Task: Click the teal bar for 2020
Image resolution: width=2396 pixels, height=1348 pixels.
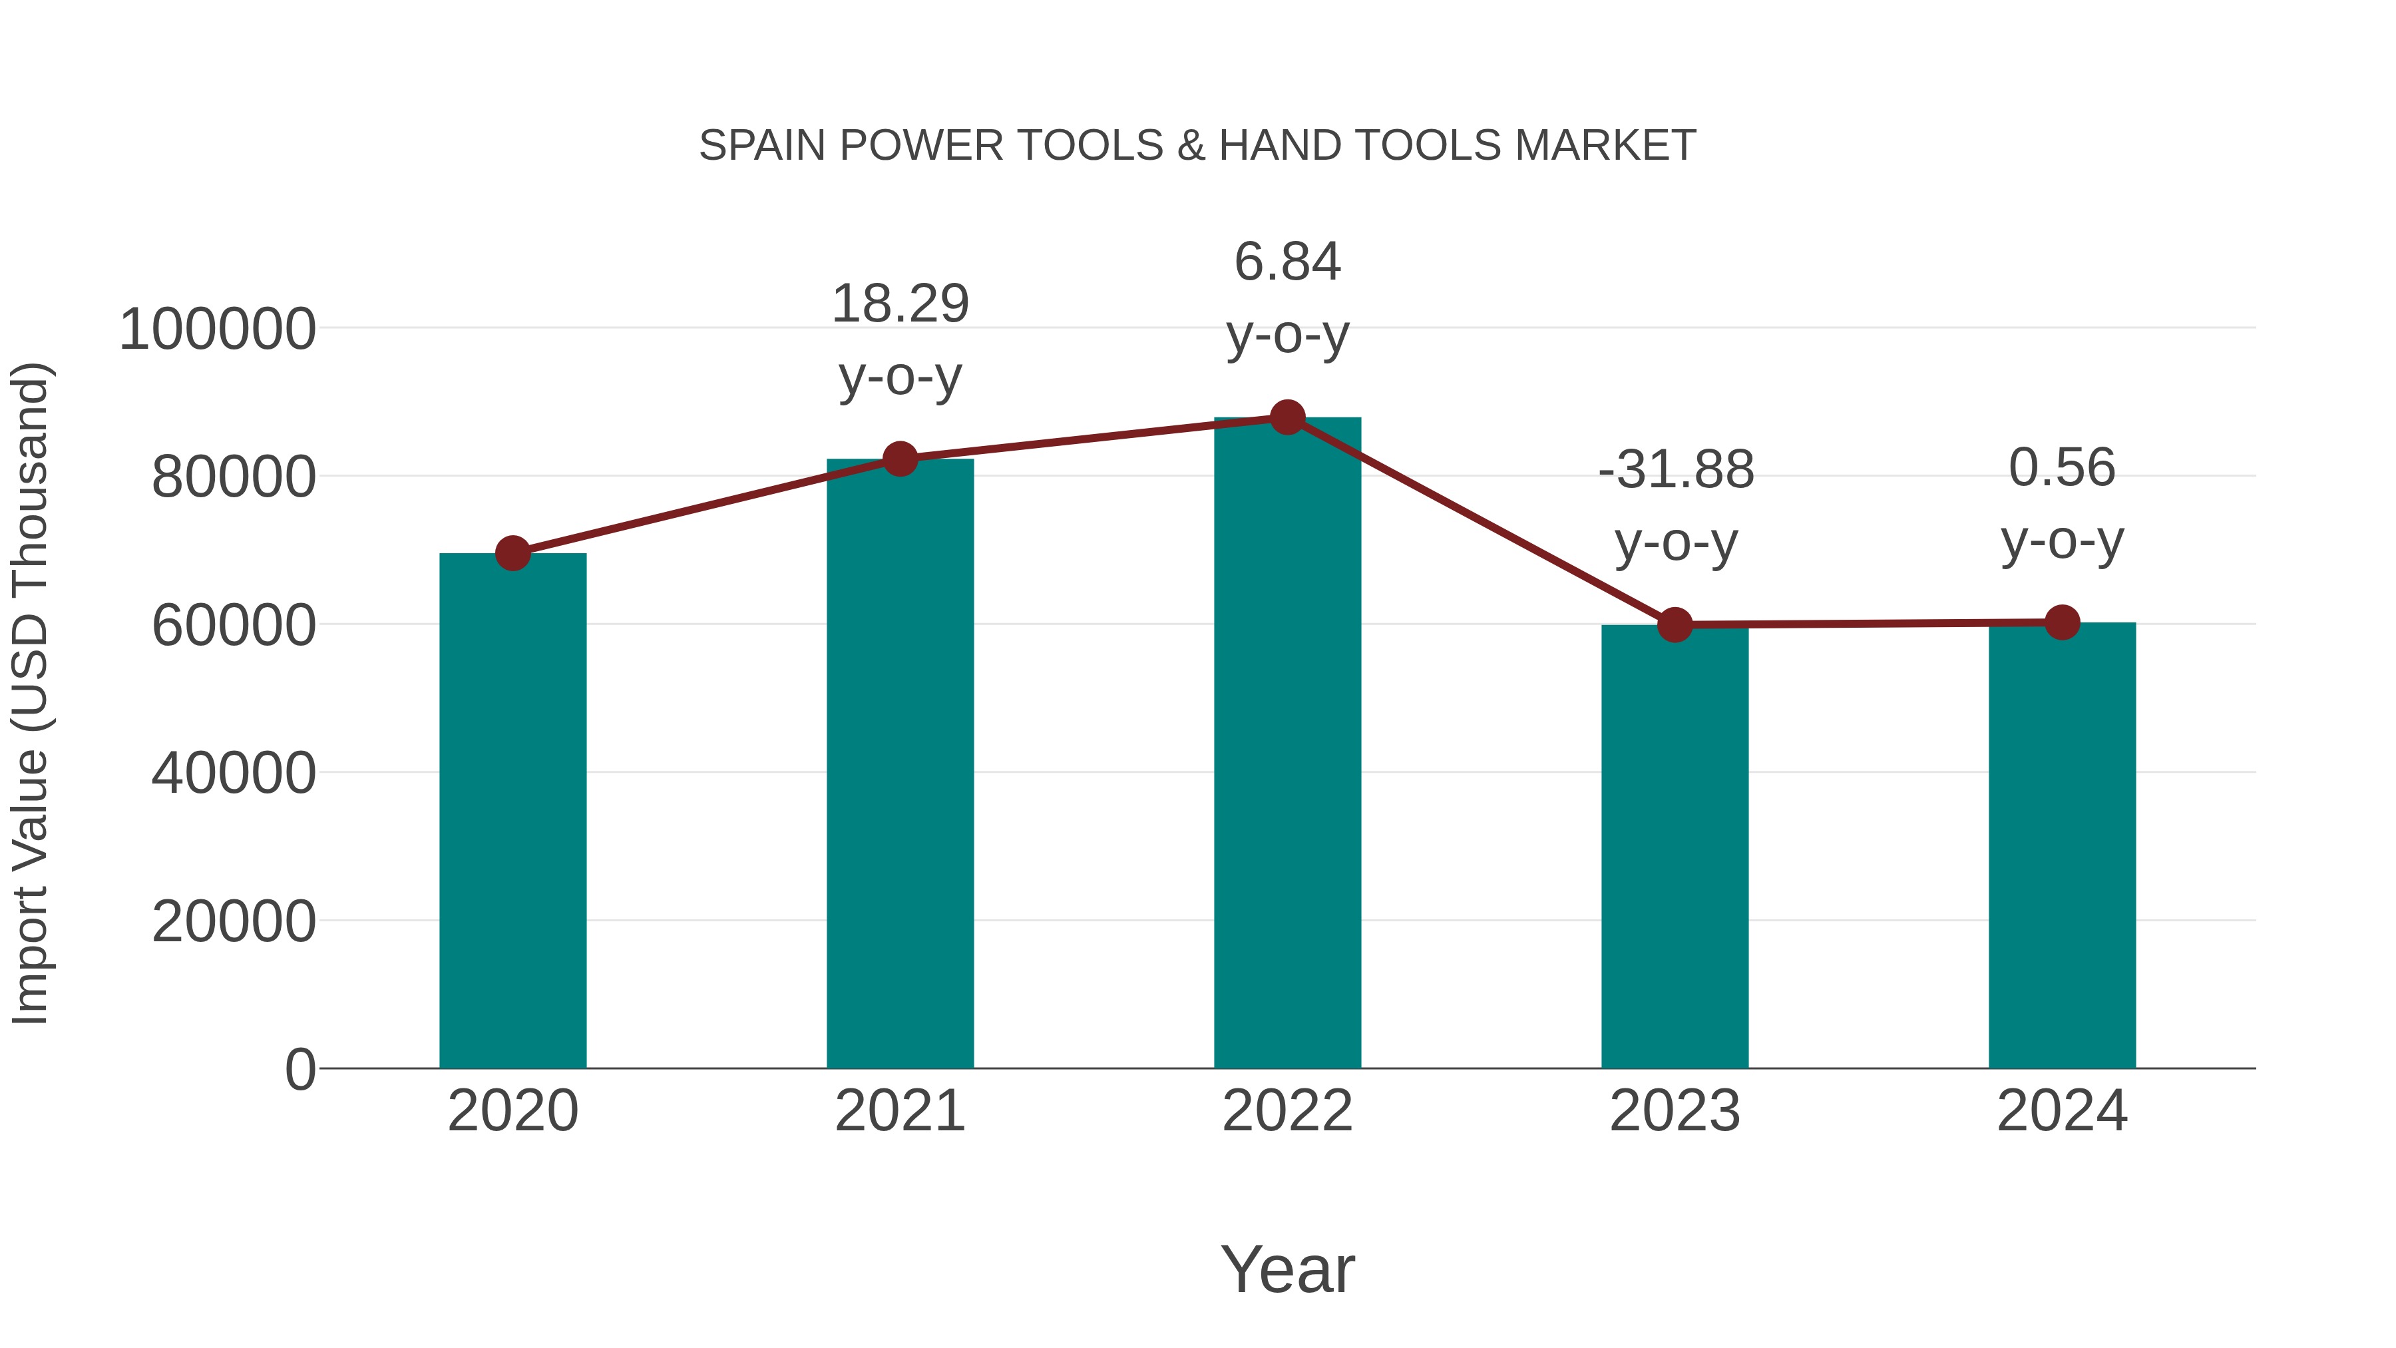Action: click(512, 809)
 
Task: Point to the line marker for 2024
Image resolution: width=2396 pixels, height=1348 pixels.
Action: click(2062, 622)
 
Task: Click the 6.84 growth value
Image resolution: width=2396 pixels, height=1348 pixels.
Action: click(1287, 262)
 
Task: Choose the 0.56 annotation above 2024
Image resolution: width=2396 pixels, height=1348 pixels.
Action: click(2062, 467)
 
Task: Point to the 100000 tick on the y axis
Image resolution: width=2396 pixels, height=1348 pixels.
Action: click(218, 330)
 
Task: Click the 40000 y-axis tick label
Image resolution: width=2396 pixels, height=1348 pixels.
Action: click(234, 773)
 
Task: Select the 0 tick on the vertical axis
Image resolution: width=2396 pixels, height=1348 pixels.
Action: click(300, 1069)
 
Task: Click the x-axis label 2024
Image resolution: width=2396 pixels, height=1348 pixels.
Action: click(2062, 1111)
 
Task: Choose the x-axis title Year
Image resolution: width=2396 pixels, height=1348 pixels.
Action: click(1287, 1269)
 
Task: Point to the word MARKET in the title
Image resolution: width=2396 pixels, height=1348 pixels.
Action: click(1605, 146)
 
